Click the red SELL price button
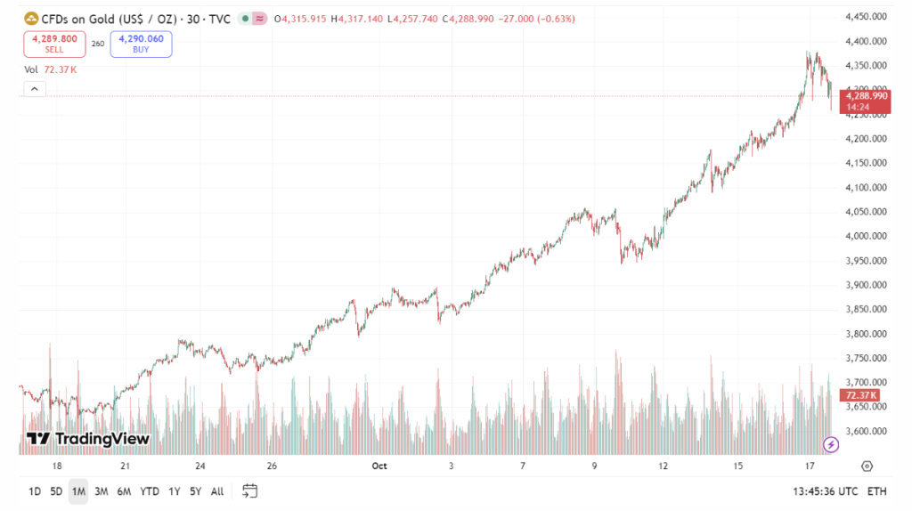pyautogui.click(x=54, y=44)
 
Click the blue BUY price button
pyautogui.click(x=141, y=44)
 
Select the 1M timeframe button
pyautogui.click(x=78, y=491)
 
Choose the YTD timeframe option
pyautogui.click(x=150, y=491)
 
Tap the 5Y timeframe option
pyautogui.click(x=195, y=491)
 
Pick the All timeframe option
pyautogui.click(x=217, y=491)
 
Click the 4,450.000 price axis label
pyautogui.click(x=866, y=16)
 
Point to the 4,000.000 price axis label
pyautogui.click(x=866, y=236)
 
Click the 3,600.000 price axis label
pyautogui.click(x=866, y=431)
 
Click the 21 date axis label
pyautogui.click(x=126, y=466)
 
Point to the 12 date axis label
pyautogui.click(x=664, y=466)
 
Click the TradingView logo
pyautogui.click(x=87, y=439)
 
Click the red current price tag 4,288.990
pyautogui.click(x=867, y=95)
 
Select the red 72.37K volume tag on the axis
pyautogui.click(x=861, y=395)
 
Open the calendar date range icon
pyautogui.click(x=249, y=491)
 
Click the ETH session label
pyautogui.click(x=876, y=491)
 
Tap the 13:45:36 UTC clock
pyautogui.click(x=824, y=491)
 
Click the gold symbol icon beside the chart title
pyautogui.click(x=31, y=18)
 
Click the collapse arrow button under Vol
pyautogui.click(x=34, y=89)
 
